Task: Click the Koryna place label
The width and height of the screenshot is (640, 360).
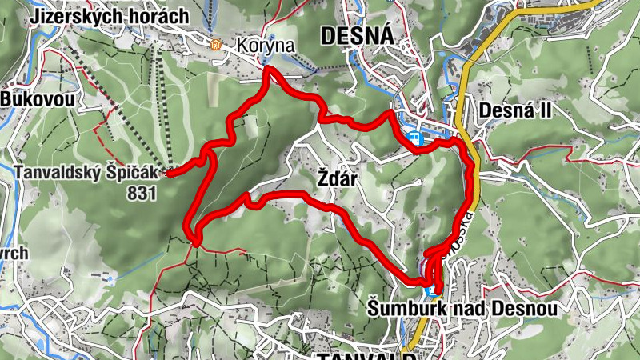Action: (266, 46)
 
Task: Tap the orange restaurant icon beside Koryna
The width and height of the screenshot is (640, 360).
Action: (215, 45)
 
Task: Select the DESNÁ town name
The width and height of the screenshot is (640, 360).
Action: (356, 35)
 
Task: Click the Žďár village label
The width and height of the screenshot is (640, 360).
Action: (326, 182)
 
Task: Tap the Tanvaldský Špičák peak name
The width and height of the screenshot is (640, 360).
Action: (86, 172)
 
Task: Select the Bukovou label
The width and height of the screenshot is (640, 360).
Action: (37, 99)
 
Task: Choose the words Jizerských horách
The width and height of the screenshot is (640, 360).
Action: (110, 15)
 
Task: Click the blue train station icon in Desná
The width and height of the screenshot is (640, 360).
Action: (414, 137)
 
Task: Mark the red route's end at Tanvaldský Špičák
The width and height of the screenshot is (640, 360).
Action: (169, 171)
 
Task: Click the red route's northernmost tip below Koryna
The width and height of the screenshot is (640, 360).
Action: (268, 70)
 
